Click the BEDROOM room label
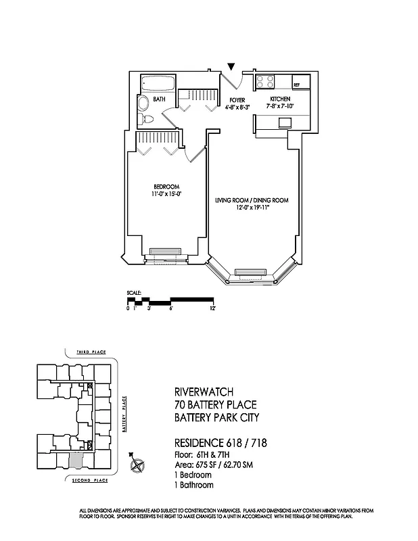(166, 187)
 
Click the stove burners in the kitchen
(264, 85)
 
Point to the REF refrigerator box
(296, 85)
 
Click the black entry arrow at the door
(231, 67)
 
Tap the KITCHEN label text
(279, 99)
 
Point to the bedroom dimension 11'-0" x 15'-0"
(166, 195)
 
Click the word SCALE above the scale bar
(133, 293)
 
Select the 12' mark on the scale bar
(212, 308)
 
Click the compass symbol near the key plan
(139, 465)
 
